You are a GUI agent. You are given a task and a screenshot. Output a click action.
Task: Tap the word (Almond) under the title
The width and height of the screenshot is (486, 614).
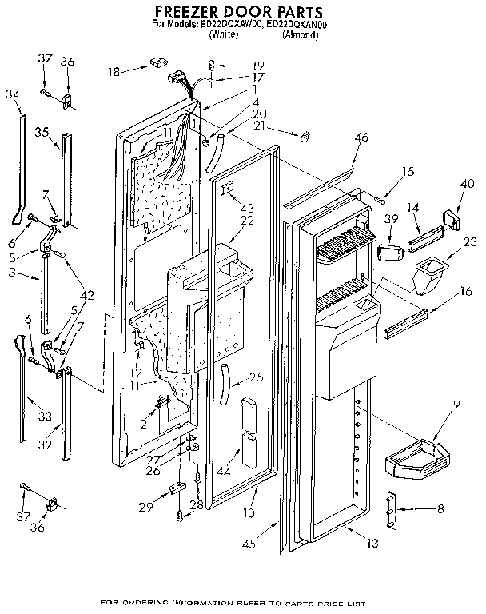(x=303, y=34)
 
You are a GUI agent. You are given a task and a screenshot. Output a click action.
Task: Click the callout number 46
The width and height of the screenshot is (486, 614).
(x=361, y=138)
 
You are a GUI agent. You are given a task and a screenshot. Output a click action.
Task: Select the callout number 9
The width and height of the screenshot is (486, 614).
(x=456, y=405)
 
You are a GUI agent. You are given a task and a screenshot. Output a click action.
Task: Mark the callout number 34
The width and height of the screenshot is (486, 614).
(x=12, y=94)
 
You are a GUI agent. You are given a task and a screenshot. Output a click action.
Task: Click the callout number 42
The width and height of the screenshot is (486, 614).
(x=86, y=294)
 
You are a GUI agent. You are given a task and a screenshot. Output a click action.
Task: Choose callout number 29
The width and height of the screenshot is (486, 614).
(x=145, y=508)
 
